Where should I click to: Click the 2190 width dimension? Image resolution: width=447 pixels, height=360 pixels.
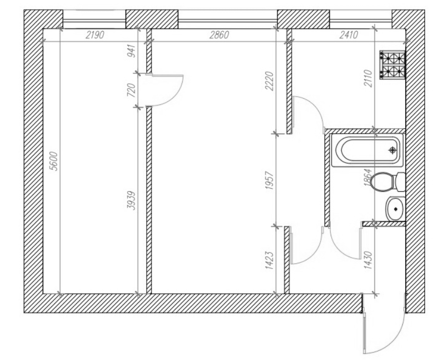[x=95, y=35]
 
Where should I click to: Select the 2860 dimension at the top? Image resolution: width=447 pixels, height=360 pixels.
[x=219, y=35]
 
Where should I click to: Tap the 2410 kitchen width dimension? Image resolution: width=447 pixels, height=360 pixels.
[x=348, y=35]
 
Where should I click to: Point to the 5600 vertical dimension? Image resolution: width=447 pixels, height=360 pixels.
[x=53, y=161]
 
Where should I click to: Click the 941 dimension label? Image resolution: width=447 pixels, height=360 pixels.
[x=132, y=51]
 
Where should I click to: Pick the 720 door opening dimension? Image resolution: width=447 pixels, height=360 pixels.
[x=131, y=90]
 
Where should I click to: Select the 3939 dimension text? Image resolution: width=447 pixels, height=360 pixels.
[x=131, y=201]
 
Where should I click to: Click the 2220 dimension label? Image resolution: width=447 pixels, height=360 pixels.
[x=270, y=81]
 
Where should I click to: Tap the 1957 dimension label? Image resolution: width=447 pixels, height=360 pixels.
[x=270, y=181]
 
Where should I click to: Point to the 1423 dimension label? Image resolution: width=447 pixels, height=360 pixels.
[x=270, y=260]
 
